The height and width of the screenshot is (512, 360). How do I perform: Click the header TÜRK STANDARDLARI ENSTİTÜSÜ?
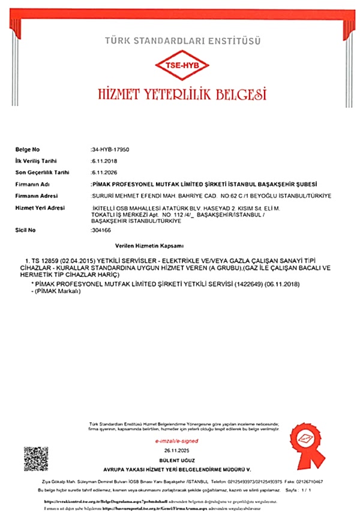[182, 41]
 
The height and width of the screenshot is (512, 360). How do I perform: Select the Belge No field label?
[27, 148]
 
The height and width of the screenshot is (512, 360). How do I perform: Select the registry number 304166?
[100, 230]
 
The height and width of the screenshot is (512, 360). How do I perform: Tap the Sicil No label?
[25, 230]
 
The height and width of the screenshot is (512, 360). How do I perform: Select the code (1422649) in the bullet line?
[241, 283]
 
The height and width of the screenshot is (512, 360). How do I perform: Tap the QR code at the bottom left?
[35, 459]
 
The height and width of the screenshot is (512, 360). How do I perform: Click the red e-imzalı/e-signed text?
[179, 440]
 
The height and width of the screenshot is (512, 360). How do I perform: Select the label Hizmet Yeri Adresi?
[39, 207]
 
